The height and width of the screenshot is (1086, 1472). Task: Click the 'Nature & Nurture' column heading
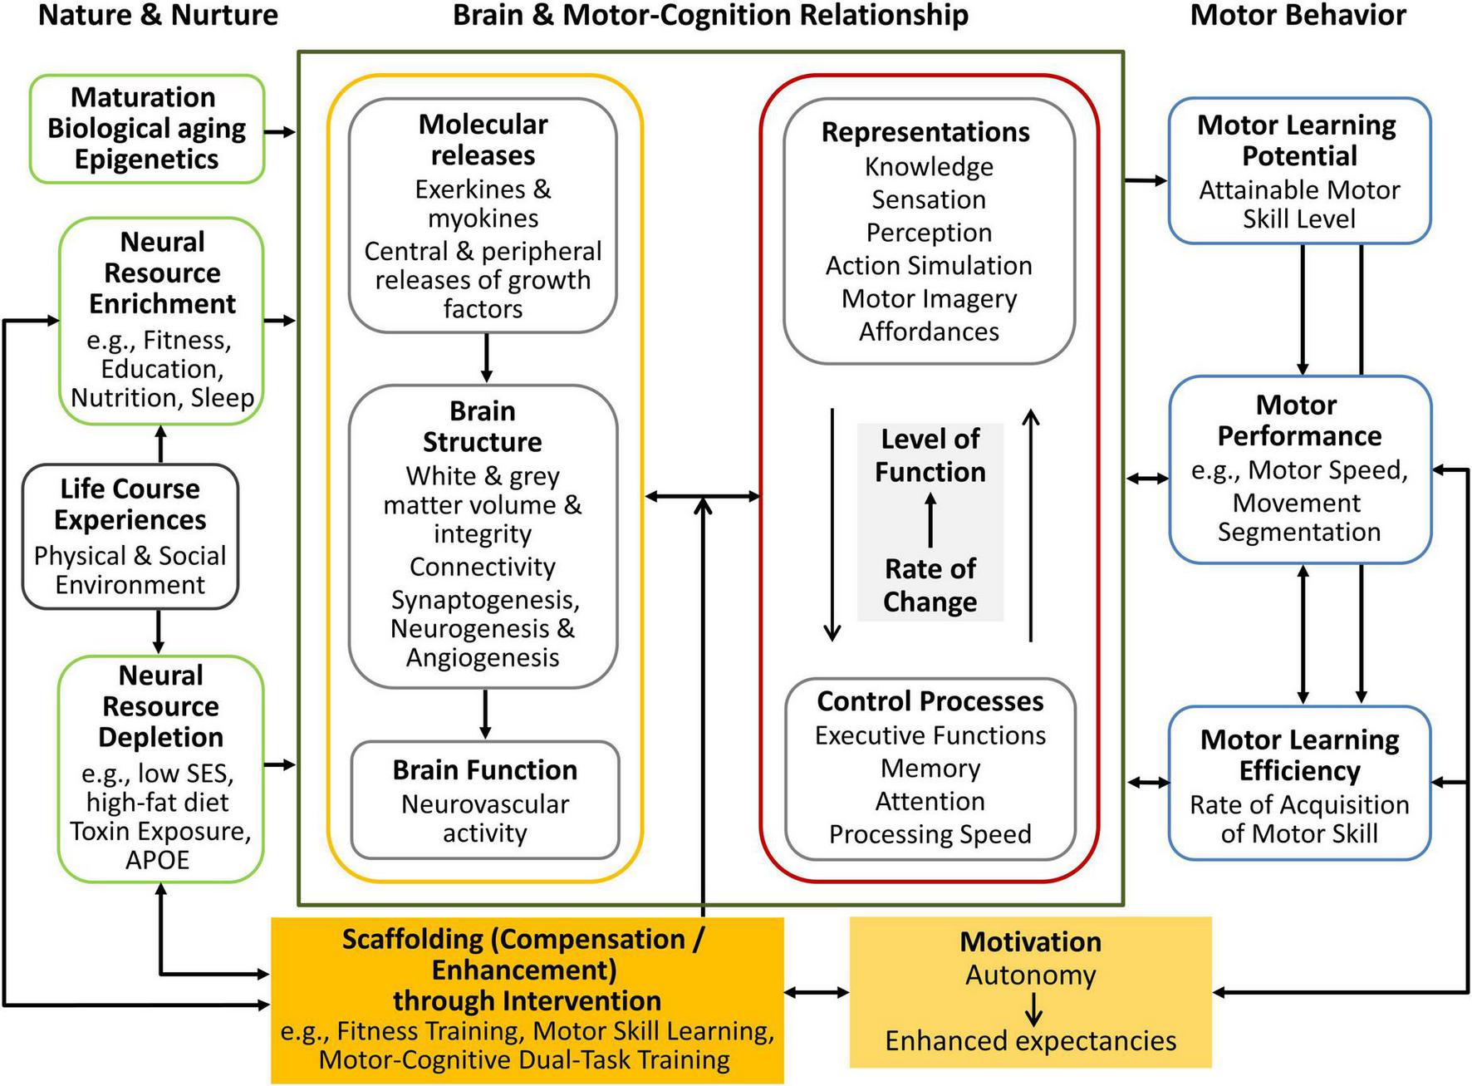[x=158, y=15]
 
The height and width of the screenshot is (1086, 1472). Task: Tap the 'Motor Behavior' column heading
[x=1298, y=15]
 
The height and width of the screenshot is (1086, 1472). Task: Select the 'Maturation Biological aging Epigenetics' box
[x=147, y=129]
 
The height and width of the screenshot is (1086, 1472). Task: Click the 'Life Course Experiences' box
[x=130, y=536]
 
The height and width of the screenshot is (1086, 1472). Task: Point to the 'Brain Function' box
[x=485, y=799]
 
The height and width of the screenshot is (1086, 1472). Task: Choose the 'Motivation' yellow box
[x=1030, y=991]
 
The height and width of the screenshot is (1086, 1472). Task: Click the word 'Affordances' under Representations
[x=929, y=332]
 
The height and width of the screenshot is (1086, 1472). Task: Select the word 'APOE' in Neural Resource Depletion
[x=158, y=860]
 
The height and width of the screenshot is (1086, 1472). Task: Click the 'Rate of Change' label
[x=930, y=585]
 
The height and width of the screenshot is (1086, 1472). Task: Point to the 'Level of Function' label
[x=930, y=455]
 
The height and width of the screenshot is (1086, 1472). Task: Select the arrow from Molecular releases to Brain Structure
[x=486, y=358]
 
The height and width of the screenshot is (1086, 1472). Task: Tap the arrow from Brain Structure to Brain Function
[x=485, y=714]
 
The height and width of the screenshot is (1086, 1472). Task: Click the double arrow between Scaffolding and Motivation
[x=817, y=991]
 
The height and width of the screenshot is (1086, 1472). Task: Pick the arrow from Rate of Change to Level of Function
[x=930, y=520]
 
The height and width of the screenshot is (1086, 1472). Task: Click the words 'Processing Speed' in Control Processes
[x=930, y=834]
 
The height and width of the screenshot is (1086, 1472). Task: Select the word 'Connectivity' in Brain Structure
[x=483, y=567]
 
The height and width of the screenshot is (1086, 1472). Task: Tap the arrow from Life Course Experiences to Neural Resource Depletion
[x=159, y=632]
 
